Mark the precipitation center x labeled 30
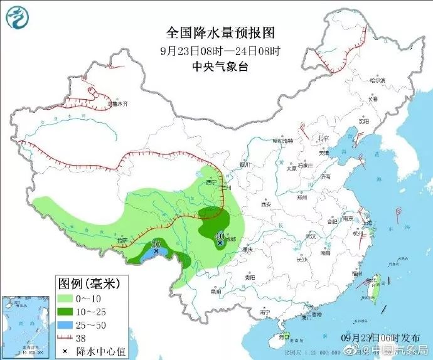(156, 251)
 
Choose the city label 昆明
(215, 291)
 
